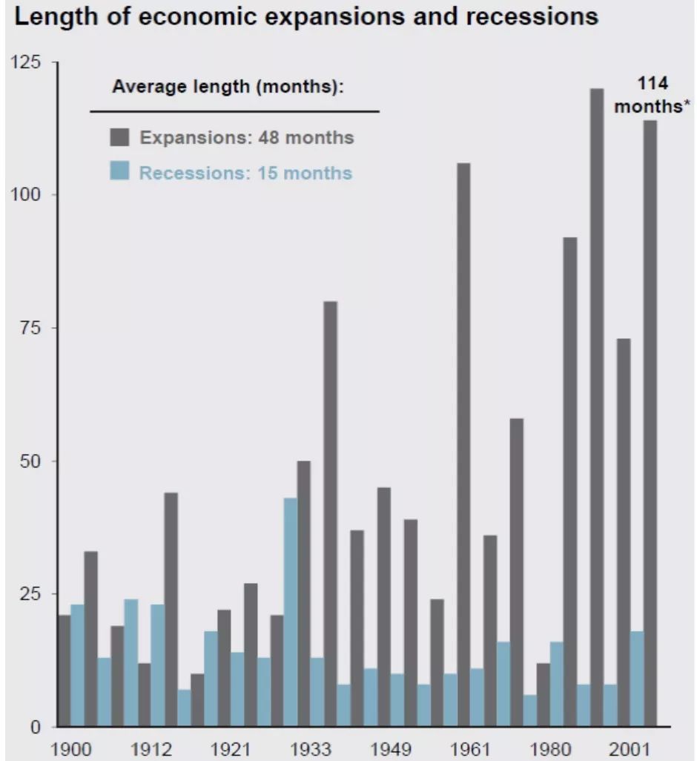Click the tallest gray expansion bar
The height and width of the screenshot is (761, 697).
coord(596,407)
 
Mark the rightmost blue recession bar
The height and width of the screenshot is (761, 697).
coord(637,678)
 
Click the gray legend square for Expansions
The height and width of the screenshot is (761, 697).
coord(119,137)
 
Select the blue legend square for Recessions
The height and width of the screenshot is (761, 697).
coord(119,173)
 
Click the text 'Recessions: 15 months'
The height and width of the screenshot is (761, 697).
coord(245,174)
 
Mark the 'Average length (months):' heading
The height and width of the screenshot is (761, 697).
coord(228,87)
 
